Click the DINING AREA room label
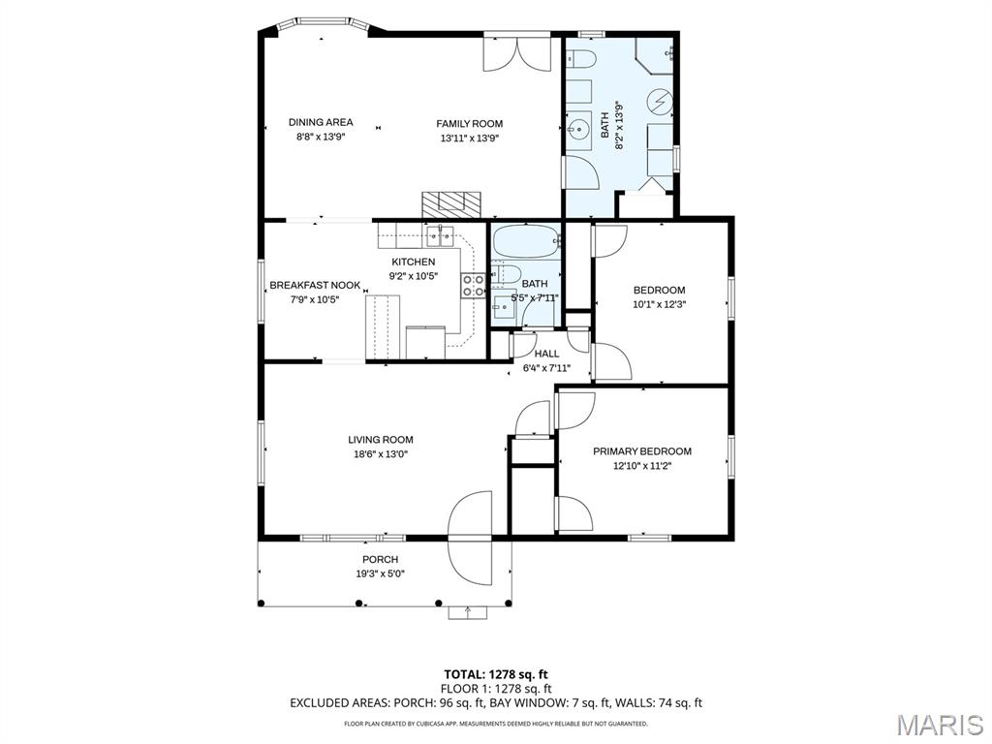click(321, 122)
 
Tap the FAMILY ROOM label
click(470, 124)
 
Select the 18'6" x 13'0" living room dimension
click(381, 453)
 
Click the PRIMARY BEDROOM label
click(642, 451)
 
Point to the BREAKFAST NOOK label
click(315, 286)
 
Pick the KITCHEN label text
click(413, 262)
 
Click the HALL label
click(546, 354)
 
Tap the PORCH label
click(380, 559)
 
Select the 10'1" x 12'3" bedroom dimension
click(659, 303)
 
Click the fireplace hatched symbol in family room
click(451, 204)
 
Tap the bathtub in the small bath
click(527, 241)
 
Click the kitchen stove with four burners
click(473, 285)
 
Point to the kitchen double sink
click(440, 237)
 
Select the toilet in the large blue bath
click(580, 59)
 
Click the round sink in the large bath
click(577, 130)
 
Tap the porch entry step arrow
click(468, 612)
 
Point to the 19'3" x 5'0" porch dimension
click(380, 573)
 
